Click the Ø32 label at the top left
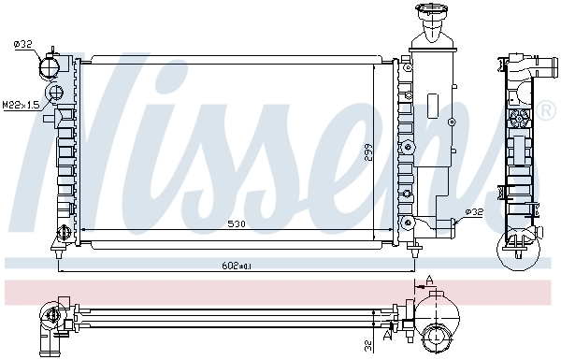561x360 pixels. coord(22,43)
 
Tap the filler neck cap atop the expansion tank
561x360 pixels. coord(432,15)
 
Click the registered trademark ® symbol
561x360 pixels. coord(546,111)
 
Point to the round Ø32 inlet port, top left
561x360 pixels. coord(50,67)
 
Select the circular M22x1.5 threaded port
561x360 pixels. coord(56,93)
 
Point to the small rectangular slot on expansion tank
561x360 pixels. coord(432,103)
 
